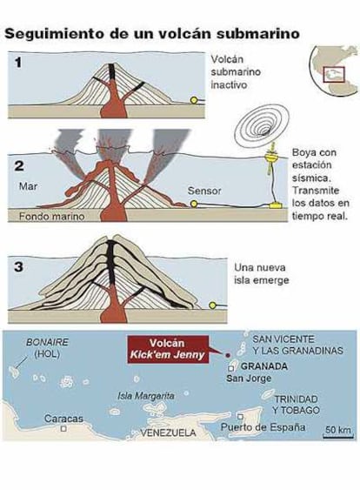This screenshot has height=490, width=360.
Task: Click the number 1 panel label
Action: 18,63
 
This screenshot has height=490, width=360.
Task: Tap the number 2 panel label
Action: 19,165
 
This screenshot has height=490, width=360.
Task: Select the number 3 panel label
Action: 19,267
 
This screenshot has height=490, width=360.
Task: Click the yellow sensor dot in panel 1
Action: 194,100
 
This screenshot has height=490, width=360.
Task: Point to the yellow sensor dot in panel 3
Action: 212,305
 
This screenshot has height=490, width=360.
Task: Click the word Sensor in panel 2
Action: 204,191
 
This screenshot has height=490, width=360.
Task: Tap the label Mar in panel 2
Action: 28,186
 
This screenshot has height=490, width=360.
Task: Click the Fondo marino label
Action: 51,216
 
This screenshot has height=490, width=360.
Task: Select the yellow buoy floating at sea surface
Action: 271,156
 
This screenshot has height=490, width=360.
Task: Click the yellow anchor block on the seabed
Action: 276,205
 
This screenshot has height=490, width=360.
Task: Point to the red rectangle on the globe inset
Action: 333,75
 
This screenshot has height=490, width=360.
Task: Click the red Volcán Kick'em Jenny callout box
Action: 168,349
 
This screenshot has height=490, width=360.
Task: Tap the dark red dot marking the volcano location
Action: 228,355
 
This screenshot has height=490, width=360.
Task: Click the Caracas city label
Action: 63,419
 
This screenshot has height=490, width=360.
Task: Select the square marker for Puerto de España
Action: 240,417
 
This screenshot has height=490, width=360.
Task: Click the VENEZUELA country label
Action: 168,433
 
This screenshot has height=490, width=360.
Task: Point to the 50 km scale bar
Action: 338,437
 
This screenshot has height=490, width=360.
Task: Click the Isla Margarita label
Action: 146,396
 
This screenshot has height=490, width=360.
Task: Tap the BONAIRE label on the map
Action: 47,342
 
